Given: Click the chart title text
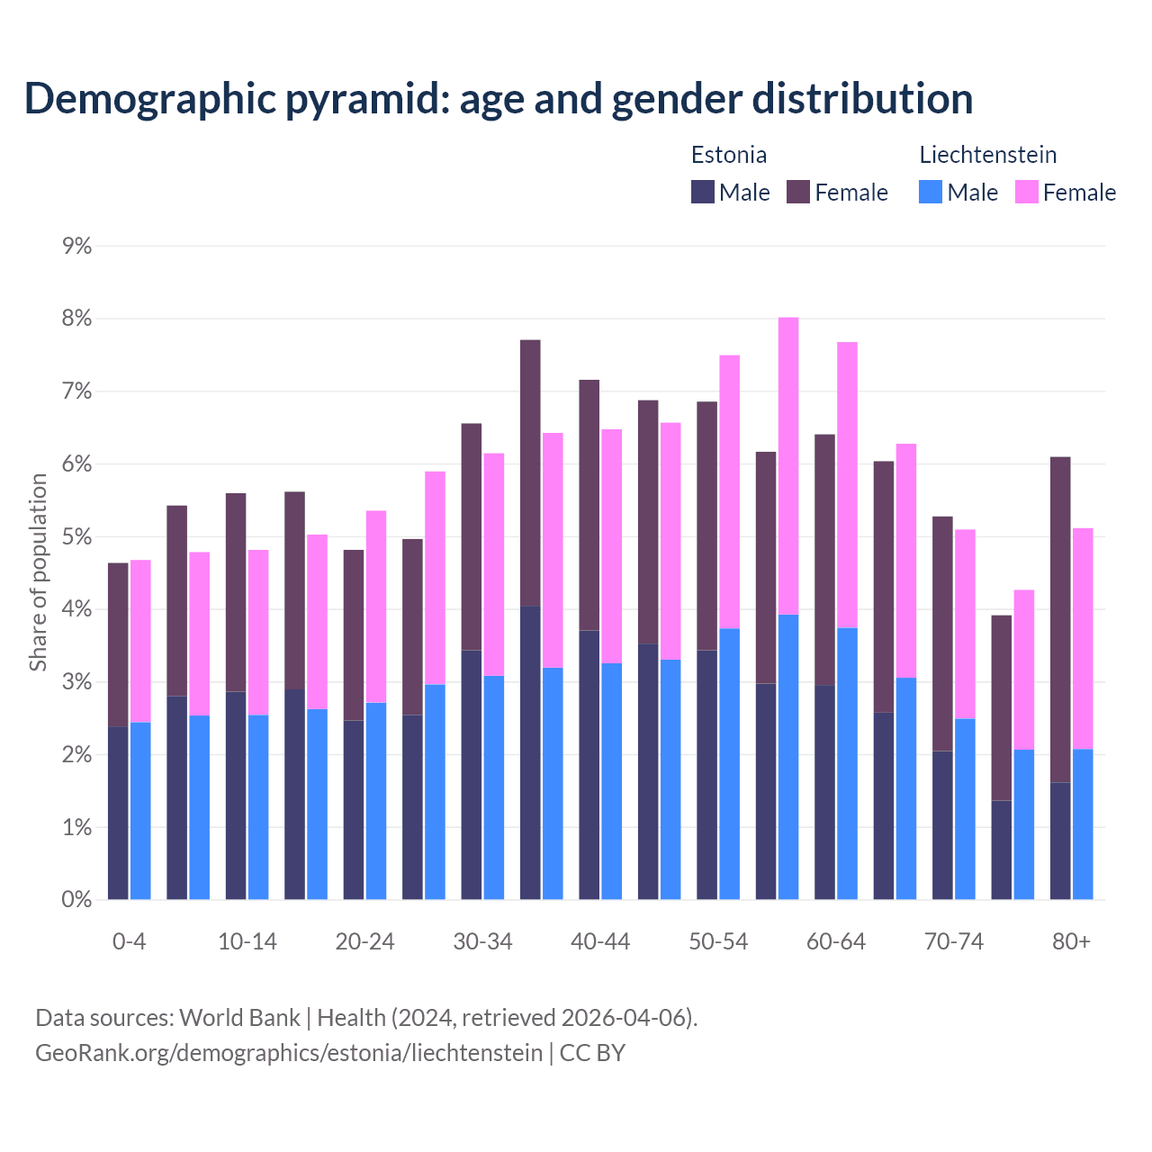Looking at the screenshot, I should point(498,98).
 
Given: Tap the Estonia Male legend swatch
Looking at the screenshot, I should point(703,192).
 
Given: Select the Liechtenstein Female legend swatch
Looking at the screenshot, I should point(1026,192).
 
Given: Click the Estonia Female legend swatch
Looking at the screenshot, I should point(798,192).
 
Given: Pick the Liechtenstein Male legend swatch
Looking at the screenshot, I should point(931,192).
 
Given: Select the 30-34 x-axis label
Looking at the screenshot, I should point(482,942).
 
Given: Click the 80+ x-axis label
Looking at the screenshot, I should point(1071,942).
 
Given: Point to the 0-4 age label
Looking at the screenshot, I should point(129,942).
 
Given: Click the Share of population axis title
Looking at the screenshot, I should point(39,572).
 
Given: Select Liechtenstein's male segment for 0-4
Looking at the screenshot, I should point(140,810).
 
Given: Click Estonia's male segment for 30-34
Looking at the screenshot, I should point(472,774).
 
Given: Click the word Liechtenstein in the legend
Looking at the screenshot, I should point(987,155).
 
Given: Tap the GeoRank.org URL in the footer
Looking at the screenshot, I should point(289,1053).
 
